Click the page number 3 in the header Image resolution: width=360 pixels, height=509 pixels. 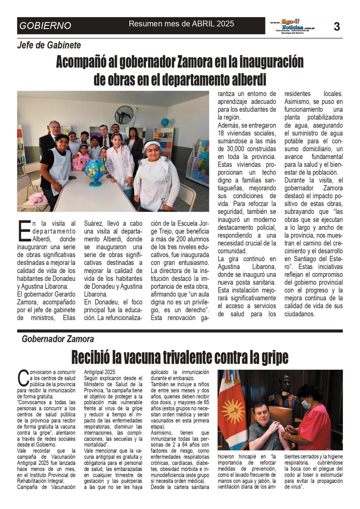336,26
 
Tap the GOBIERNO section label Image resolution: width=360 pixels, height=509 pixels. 45,26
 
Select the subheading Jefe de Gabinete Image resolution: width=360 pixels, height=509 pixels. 49,45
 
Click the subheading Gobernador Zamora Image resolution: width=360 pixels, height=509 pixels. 58,339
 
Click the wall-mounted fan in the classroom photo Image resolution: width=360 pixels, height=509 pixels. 123,114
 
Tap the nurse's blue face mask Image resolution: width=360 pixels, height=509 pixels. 306,405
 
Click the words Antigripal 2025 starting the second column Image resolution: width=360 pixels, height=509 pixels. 100,372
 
